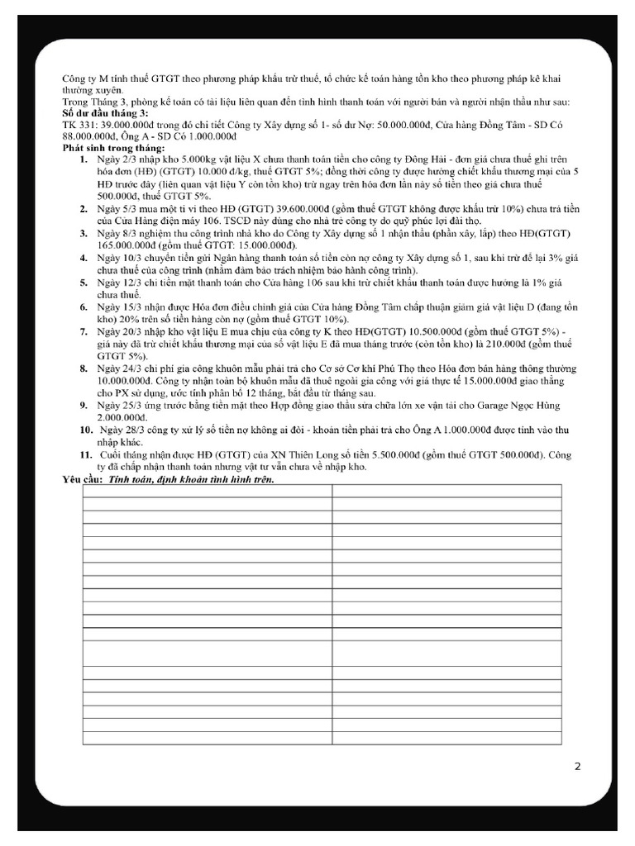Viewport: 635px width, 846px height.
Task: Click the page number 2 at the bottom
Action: pos(578,766)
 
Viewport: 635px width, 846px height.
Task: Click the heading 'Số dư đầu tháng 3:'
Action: pos(105,112)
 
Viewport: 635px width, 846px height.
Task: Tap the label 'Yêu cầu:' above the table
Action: pos(81,479)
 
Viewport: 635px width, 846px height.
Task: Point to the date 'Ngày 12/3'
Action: pos(119,283)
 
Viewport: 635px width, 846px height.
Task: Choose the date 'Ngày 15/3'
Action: pos(119,307)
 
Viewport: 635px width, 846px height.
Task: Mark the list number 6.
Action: pos(84,307)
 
